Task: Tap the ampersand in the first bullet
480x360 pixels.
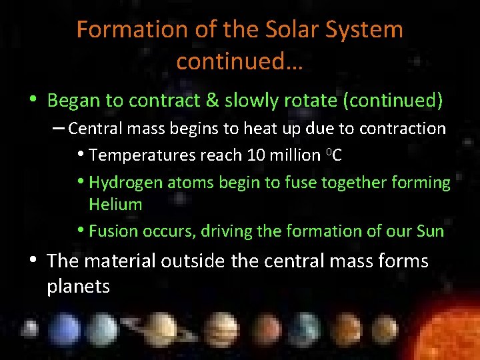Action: pyautogui.click(x=211, y=101)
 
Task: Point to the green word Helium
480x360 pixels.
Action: pyautogui.click(x=115, y=205)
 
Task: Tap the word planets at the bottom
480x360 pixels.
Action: pyautogui.click(x=78, y=287)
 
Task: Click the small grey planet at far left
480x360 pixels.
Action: pyautogui.click(x=30, y=330)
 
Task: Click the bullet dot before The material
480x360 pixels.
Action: pyautogui.click(x=33, y=261)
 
